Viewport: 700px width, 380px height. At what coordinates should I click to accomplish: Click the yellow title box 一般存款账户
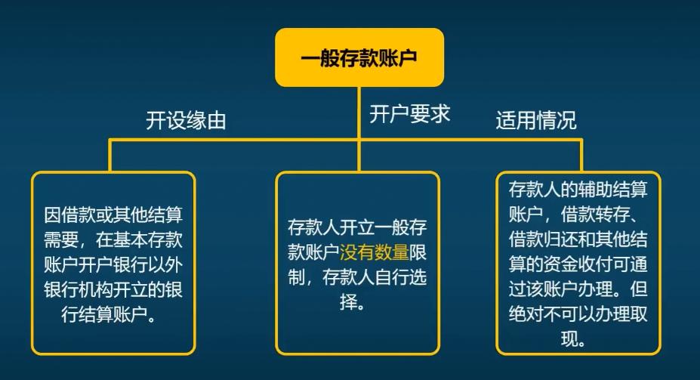click(359, 57)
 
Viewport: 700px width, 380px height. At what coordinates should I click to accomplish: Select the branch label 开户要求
click(409, 114)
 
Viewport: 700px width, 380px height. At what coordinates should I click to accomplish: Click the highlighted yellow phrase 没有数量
click(374, 252)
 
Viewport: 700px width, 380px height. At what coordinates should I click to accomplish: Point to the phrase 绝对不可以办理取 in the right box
click(578, 314)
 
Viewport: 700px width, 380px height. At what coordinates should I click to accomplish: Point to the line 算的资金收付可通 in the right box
click(578, 264)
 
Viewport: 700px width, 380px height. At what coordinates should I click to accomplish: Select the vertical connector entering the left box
click(111, 156)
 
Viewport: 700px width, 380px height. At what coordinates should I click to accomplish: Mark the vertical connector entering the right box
click(581, 156)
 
